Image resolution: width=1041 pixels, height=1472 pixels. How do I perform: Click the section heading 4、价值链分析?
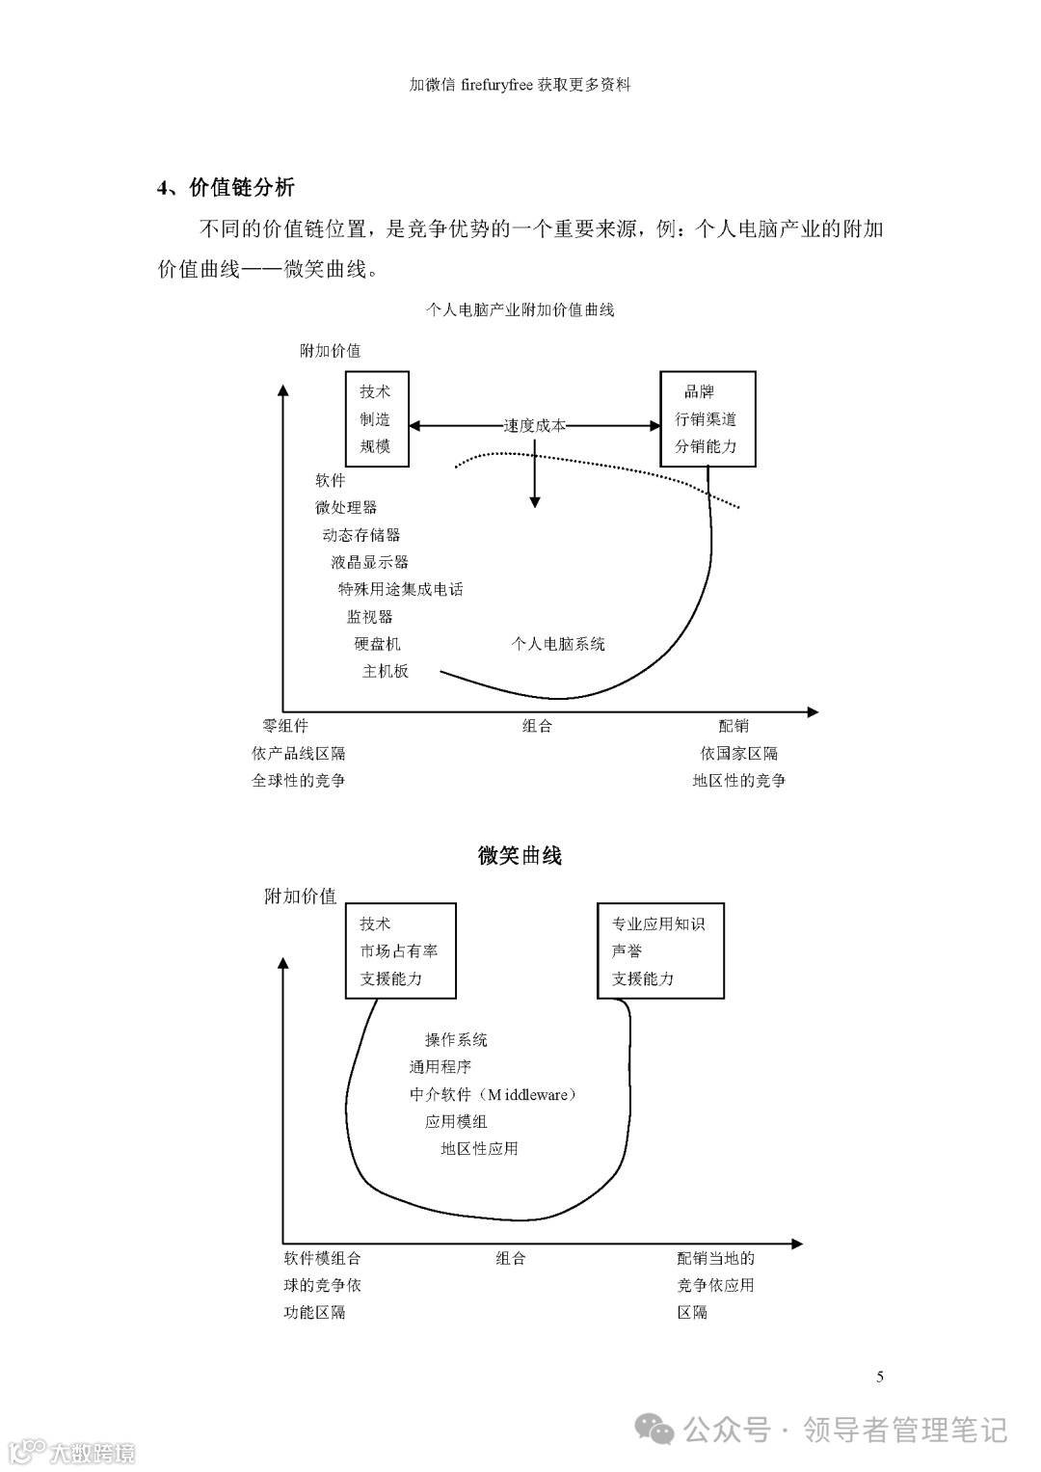coord(226,187)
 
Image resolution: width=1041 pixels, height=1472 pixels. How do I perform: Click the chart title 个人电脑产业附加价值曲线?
coord(520,309)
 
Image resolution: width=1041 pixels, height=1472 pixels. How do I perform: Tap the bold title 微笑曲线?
coord(520,855)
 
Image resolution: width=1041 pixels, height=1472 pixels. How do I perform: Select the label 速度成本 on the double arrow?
coord(535,425)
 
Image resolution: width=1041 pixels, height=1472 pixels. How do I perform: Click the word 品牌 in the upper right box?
coord(699,391)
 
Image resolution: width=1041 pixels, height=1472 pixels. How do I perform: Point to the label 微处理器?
coord(346,507)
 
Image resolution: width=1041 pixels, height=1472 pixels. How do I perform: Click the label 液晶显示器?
coord(369,562)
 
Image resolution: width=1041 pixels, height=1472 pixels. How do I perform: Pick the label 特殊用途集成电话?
coord(400,589)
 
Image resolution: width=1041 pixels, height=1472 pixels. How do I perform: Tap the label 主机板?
coord(385,671)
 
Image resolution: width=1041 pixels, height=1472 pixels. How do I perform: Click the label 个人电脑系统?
coord(558,644)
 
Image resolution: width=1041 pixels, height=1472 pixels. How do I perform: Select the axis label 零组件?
coord(285,726)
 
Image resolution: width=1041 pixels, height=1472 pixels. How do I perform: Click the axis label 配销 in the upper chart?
coord(734,726)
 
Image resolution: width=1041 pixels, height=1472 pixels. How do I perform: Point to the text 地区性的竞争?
coord(738,781)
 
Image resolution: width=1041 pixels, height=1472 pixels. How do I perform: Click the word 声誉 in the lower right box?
coord(627,950)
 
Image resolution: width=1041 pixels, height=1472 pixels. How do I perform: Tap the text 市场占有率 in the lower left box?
coord(399,950)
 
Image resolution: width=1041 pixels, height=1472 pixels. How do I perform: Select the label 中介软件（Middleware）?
coord(493,1094)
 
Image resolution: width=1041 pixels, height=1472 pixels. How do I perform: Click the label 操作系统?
coord(456,1039)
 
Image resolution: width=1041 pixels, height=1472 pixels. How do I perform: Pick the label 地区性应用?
coord(479,1148)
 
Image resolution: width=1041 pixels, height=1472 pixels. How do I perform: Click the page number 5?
coord(880,1377)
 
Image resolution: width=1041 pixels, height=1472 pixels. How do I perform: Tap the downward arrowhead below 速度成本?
coord(535,501)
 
